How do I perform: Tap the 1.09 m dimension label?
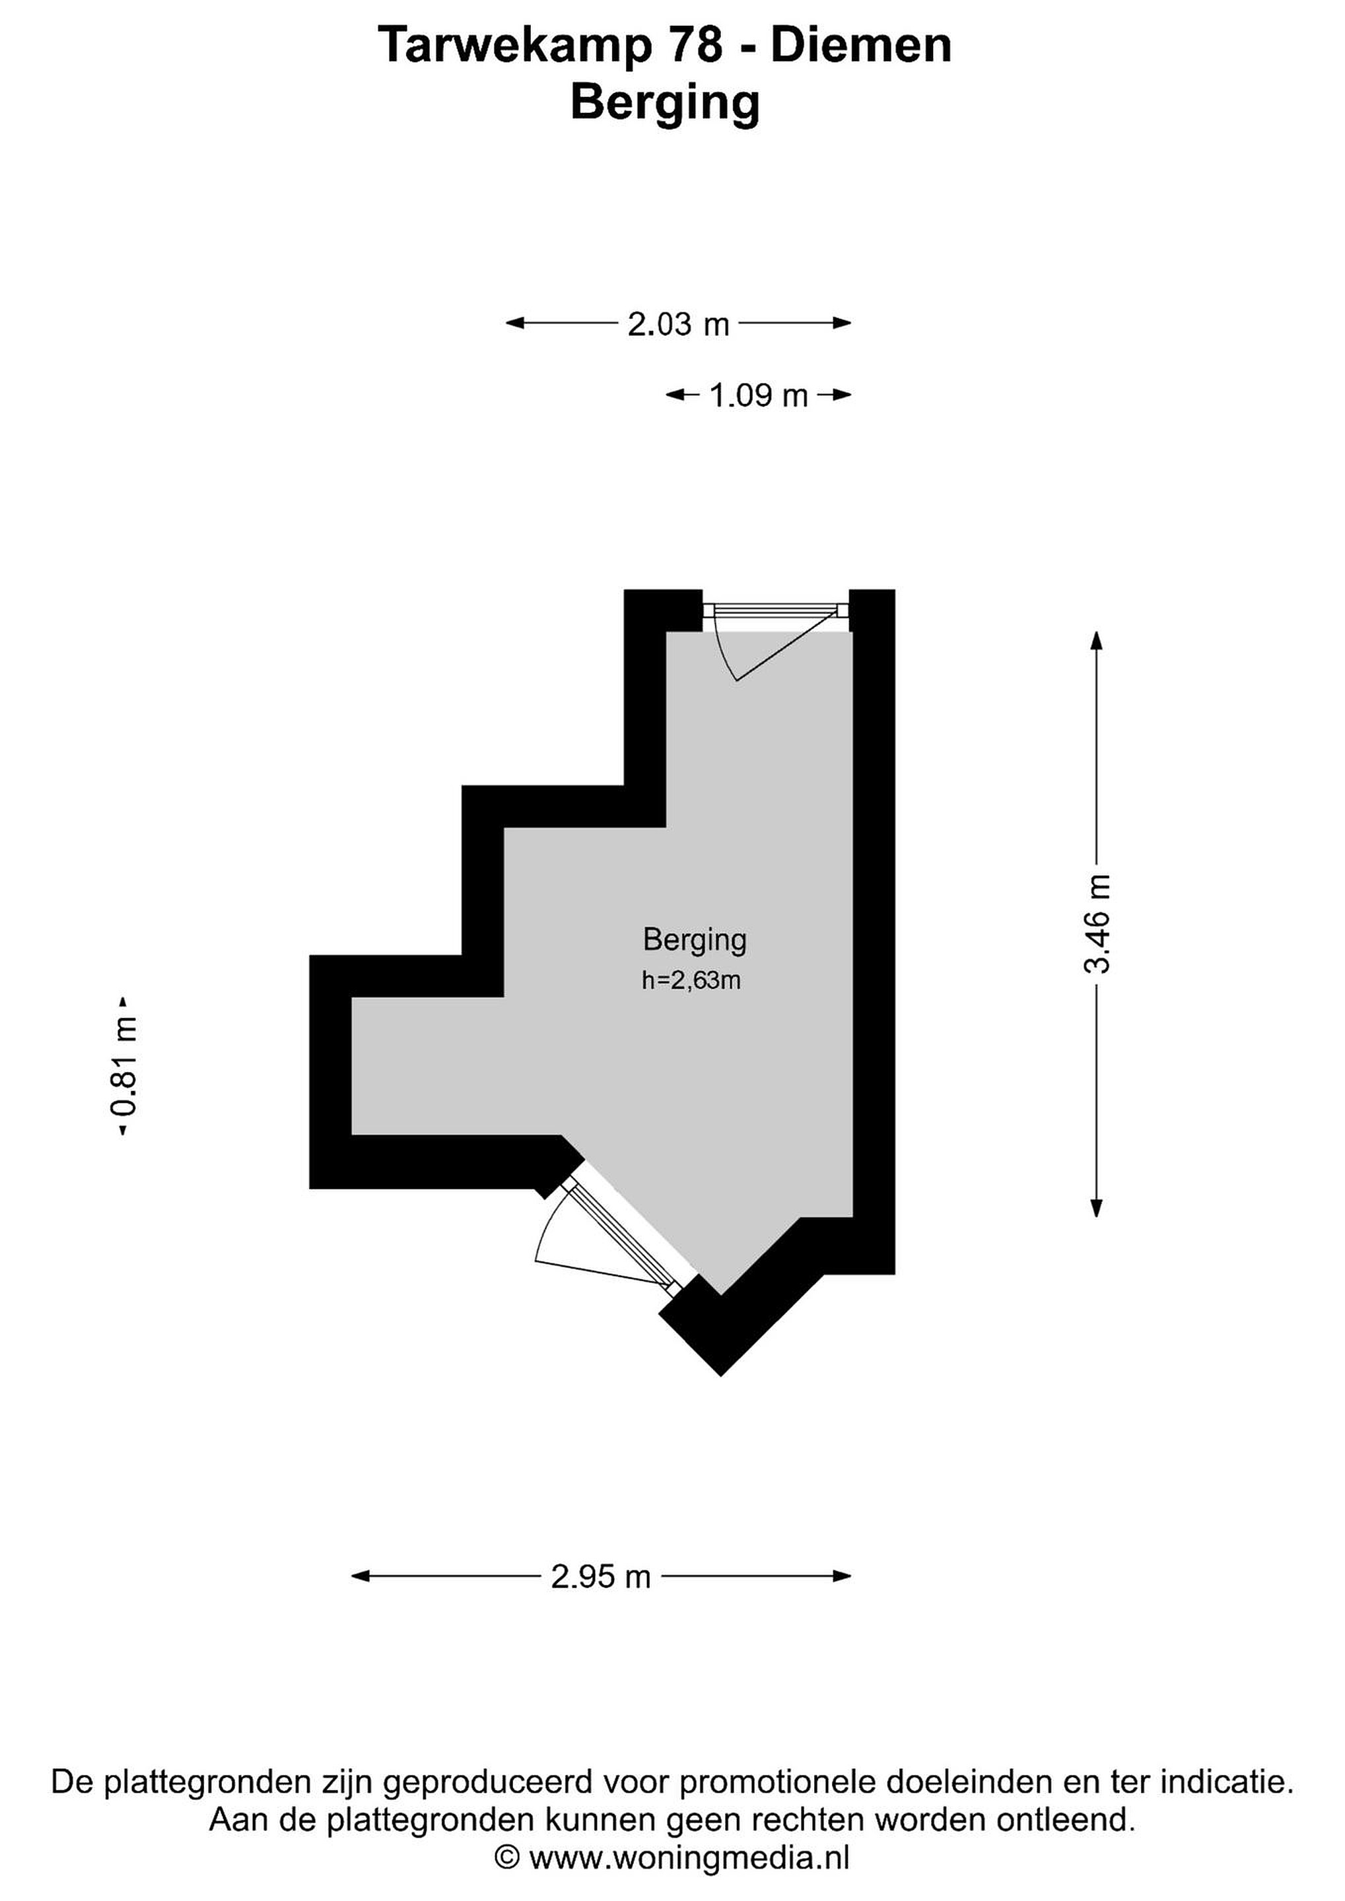click(x=759, y=396)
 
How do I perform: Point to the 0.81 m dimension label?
click(x=126, y=1068)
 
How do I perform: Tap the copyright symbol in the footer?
click(x=507, y=1858)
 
